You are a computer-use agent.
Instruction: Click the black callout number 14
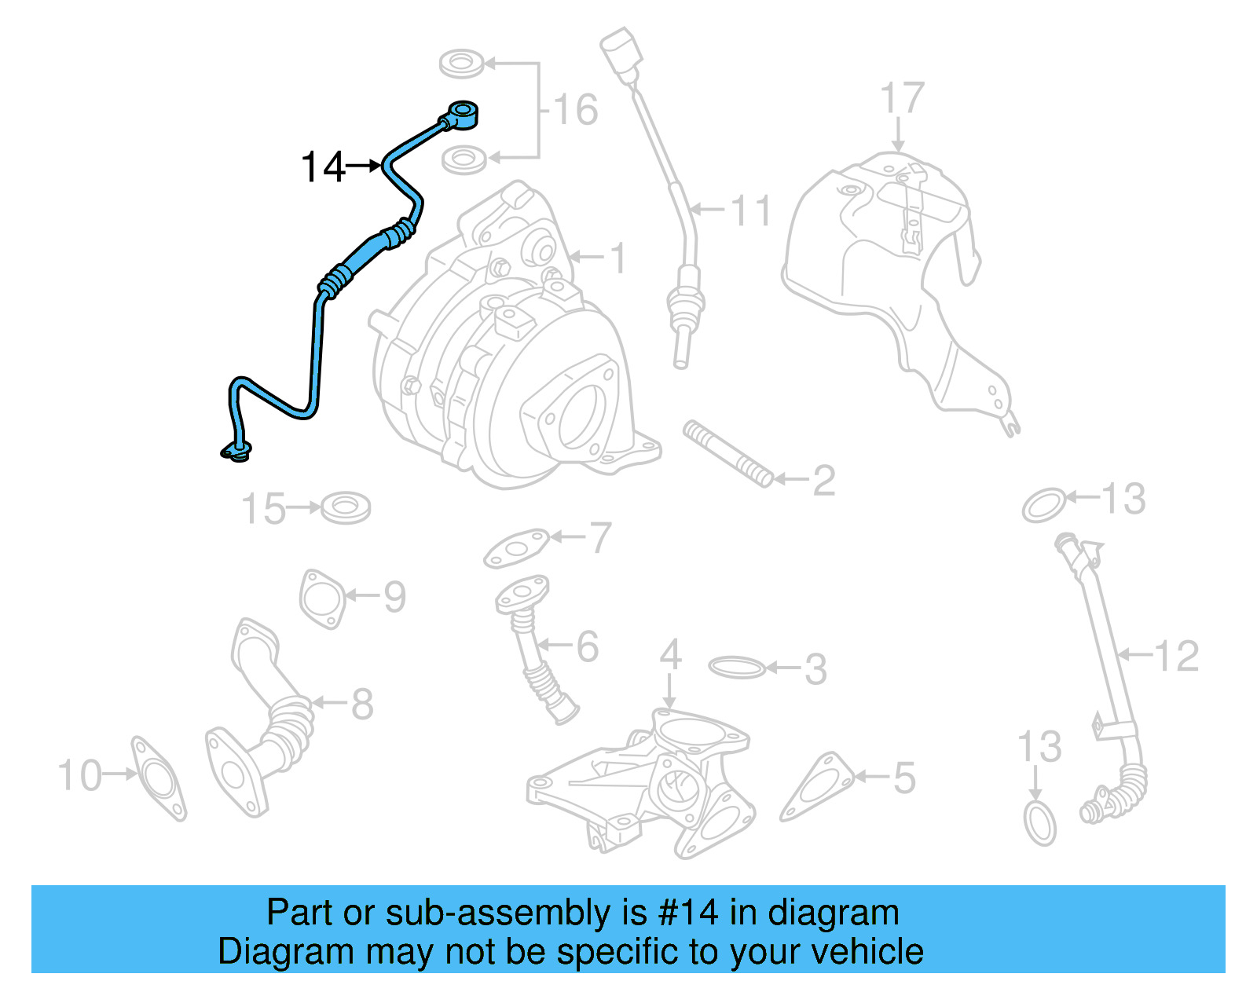[323, 167]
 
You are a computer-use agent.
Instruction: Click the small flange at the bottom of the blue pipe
[236, 451]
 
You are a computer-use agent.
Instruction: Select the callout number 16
[576, 110]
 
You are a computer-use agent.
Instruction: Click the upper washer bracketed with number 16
[462, 63]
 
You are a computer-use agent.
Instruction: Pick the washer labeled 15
[346, 507]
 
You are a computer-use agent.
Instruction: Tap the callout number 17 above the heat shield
[901, 99]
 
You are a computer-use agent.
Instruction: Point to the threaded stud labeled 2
[728, 454]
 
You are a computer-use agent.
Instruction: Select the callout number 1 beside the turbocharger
[619, 258]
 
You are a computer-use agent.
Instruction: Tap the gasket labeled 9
[322, 599]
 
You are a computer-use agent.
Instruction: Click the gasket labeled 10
[159, 778]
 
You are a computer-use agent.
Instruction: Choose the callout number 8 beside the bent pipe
[362, 704]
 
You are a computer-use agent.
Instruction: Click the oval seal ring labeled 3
[736, 668]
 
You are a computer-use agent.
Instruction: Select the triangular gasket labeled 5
[817, 787]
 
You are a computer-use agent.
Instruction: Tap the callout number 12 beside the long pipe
[1176, 656]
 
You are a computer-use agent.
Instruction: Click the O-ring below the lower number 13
[1040, 823]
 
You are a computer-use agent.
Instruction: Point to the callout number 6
[588, 646]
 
